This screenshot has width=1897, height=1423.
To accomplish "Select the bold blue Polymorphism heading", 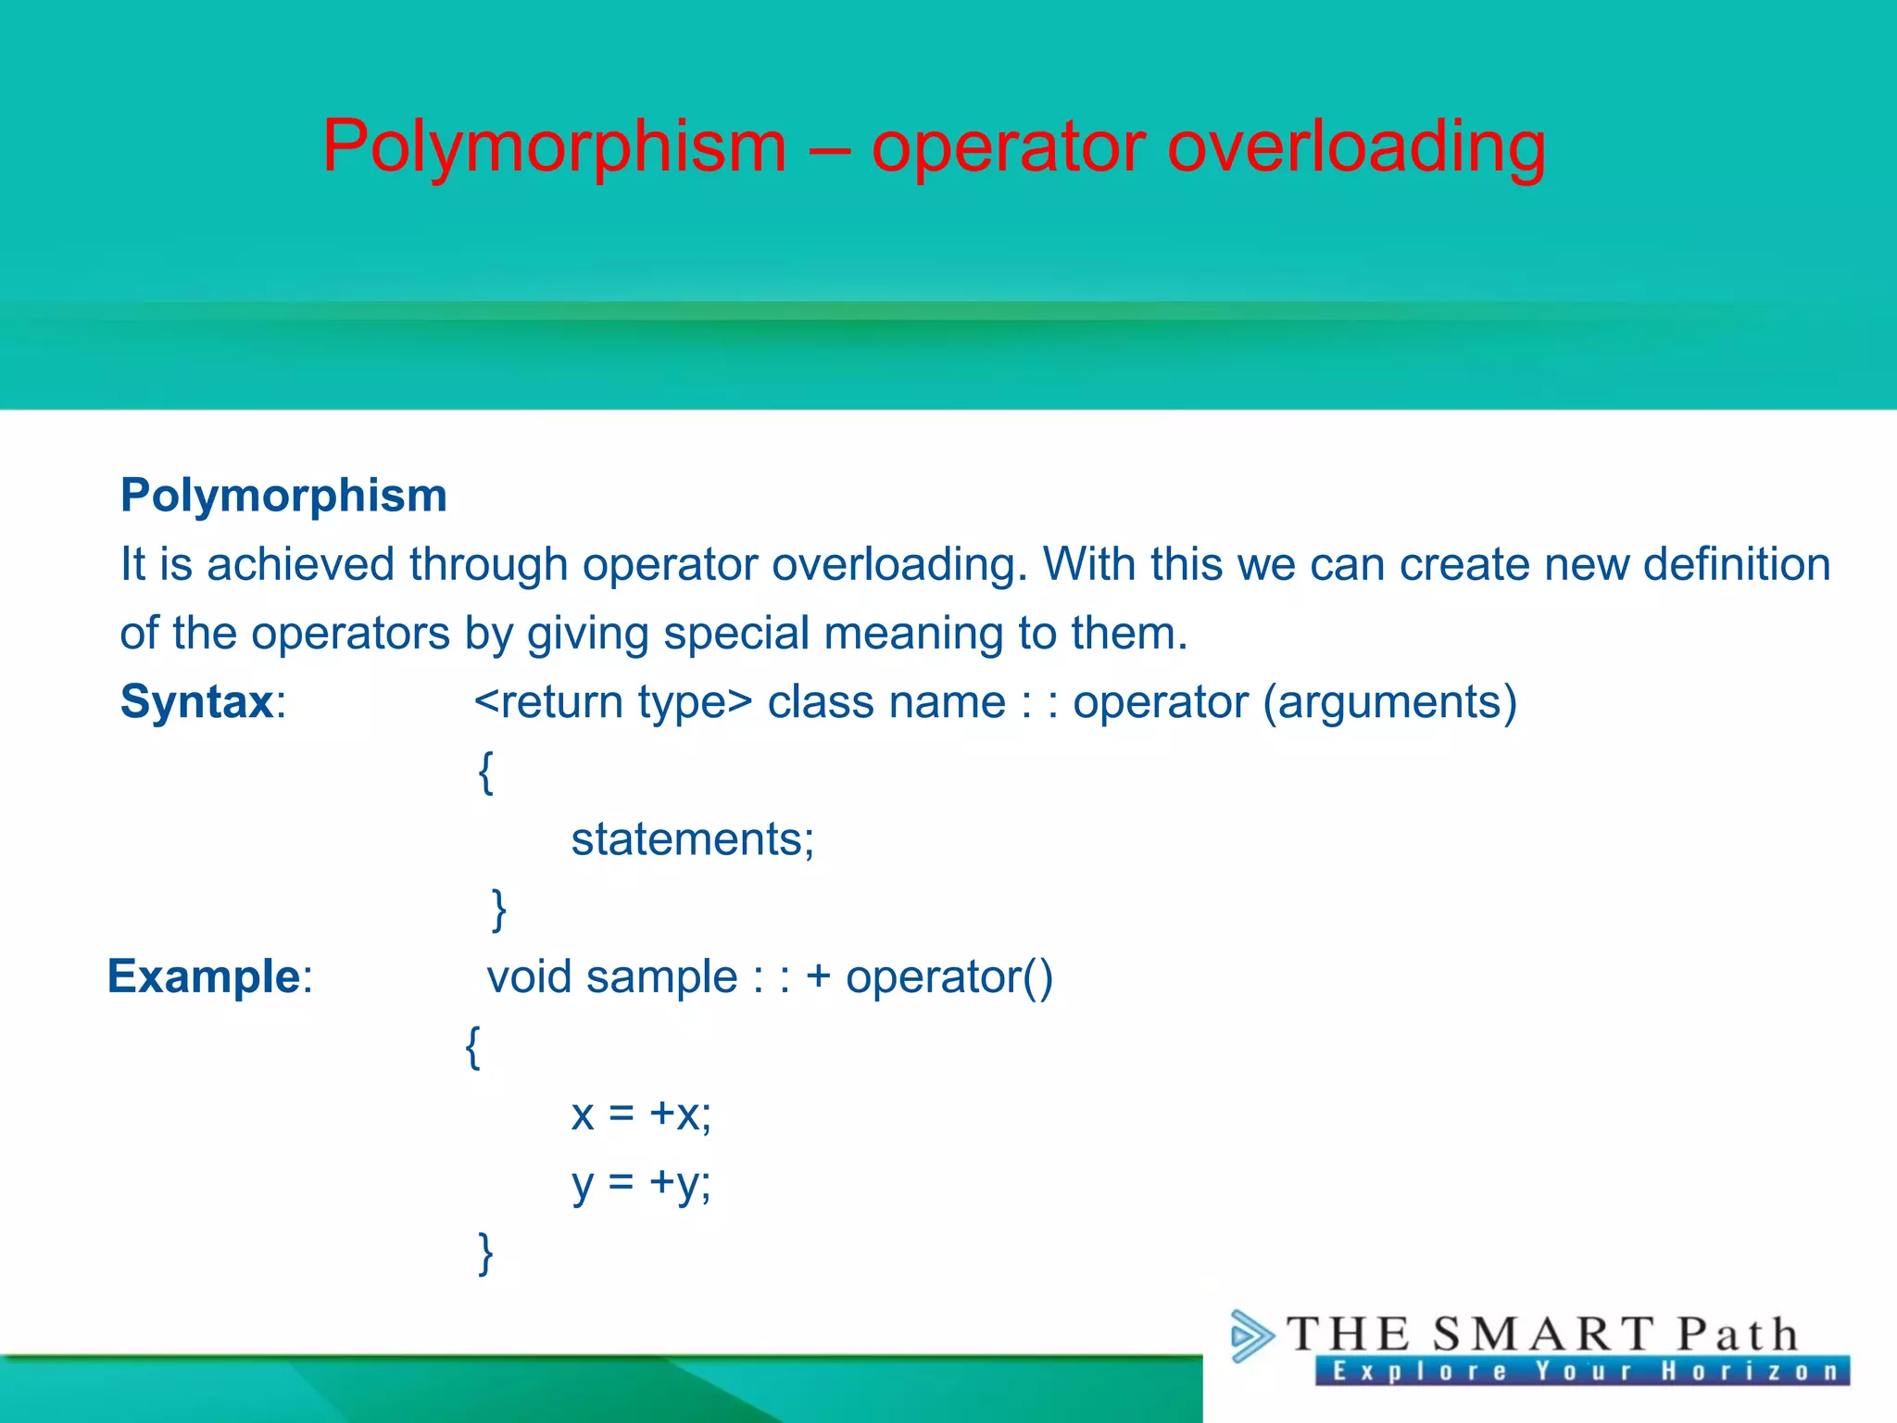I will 283,495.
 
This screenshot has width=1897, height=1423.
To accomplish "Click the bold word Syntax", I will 196,701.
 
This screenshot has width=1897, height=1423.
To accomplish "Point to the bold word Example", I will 204,976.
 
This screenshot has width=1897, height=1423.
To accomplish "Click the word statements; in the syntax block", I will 693,839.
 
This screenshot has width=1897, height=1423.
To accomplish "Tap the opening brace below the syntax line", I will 485,772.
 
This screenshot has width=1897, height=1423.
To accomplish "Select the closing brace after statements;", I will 498,909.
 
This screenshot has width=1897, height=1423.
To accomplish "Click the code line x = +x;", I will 641,1114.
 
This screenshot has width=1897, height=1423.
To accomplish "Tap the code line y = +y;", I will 641,1183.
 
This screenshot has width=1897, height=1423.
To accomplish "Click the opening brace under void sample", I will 472,1047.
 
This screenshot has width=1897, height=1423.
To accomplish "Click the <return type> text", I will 613,702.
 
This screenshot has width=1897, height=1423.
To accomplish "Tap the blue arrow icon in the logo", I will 1251,1336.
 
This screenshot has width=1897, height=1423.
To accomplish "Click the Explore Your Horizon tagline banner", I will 1582,1371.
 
